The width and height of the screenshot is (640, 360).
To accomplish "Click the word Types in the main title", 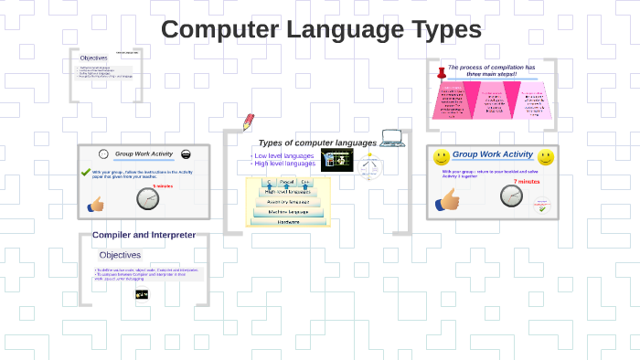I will point(437,29).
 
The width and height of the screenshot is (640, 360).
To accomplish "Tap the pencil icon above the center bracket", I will point(248,122).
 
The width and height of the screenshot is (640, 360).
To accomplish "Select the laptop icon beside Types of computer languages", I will point(392,139).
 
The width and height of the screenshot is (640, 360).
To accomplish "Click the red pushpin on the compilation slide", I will point(441,71).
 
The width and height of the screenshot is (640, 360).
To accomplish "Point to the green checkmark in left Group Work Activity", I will point(86,172).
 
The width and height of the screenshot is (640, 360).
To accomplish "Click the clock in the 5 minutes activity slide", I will point(147,198).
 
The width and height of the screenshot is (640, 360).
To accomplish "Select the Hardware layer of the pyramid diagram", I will point(288,221).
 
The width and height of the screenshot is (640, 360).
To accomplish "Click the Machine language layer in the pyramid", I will point(288,212).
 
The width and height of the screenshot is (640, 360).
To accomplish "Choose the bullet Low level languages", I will point(283,156).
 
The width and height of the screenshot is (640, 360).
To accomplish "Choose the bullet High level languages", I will point(283,164).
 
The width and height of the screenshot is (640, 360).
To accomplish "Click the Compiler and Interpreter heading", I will point(144,235).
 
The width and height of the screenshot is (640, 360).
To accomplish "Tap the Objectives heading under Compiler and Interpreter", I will point(120,255).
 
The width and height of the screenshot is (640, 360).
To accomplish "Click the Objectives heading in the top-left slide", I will point(93,58).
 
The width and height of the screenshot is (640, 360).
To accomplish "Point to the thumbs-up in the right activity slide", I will point(447,201).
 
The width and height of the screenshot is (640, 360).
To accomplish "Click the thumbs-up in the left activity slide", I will point(95,205).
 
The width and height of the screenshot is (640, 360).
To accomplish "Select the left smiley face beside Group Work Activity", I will point(441,156).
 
